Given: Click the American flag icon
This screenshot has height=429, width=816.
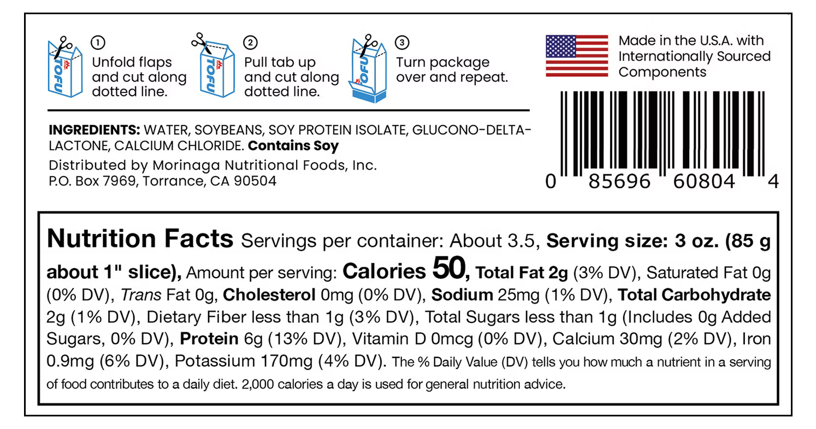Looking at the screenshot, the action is coord(577,56).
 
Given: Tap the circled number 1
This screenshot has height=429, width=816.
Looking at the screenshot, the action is coord(98,43).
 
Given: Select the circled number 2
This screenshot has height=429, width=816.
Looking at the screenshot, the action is coord(250,43).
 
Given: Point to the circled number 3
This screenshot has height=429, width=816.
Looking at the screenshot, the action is coord(402,43).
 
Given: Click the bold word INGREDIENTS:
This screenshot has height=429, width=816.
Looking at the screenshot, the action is coord(94,130).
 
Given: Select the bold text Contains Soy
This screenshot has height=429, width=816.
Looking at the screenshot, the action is coord(293,146).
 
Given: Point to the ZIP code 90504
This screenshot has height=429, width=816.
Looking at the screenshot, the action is coord(255,181).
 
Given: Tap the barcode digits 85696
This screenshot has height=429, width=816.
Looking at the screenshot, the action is coord(619,181).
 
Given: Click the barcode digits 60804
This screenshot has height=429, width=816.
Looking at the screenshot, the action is coord(704,181).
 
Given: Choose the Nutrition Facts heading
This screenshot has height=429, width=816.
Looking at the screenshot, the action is coord(140,239).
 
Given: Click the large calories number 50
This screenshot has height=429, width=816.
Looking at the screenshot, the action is coord(449,268).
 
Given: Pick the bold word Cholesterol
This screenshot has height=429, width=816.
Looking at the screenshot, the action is coord(269,295).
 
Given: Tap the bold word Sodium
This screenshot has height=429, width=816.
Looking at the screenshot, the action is coord(462,295).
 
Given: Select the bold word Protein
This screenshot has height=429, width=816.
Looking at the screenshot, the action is coord(209,339).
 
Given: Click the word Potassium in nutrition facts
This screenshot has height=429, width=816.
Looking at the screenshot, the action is coord(215,361).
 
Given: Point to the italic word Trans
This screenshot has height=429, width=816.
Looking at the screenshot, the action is coord(141,295).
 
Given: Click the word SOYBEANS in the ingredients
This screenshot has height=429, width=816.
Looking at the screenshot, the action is coord(228,130).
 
